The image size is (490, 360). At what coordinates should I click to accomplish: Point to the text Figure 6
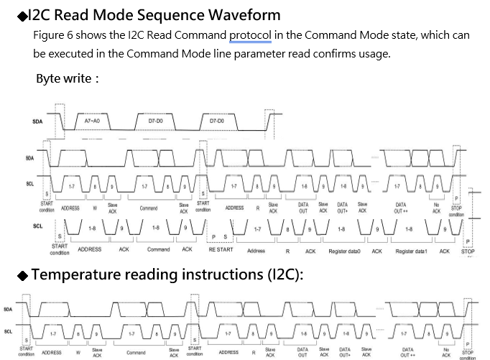(52, 35)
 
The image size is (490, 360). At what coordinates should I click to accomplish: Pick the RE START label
(221, 250)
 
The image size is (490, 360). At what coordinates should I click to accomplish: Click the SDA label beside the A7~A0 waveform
(37, 121)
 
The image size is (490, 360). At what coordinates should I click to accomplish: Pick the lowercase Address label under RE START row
(256, 251)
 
